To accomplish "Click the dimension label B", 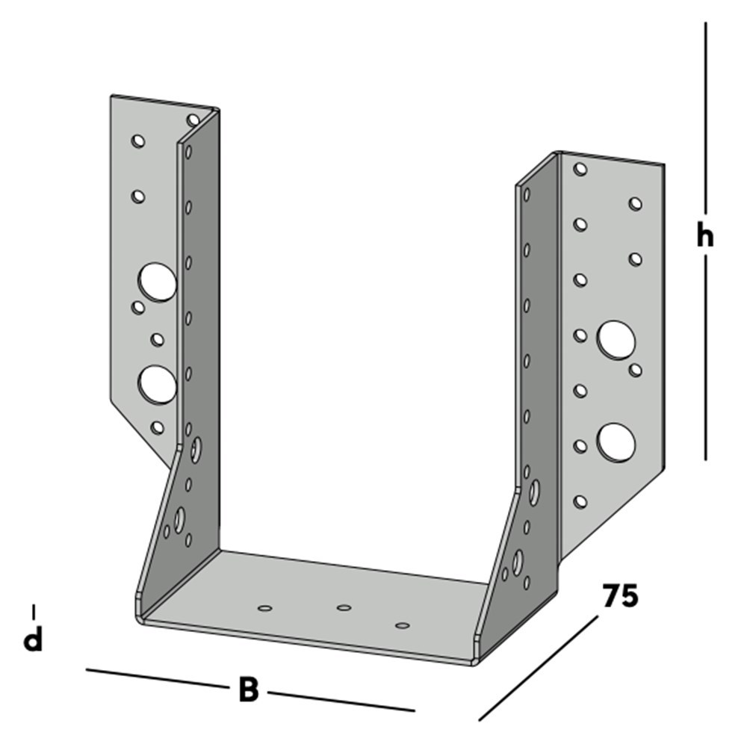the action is (248, 689).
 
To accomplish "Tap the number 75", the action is (620, 595).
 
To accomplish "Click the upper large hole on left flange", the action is (157, 282).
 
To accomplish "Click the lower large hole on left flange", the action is (157, 385).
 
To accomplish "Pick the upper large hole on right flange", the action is (616, 340).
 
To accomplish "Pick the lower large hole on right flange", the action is (616, 442).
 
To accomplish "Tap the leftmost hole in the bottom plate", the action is (265, 608).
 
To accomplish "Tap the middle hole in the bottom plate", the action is (344, 607).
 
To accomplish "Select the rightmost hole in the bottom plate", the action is (403, 625).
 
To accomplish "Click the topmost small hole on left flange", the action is (138, 141).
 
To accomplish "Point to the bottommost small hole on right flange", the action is (580, 502).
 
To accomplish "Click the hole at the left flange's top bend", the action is (193, 120).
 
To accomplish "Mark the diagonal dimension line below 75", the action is (539, 669).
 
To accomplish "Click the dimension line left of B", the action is (157, 678).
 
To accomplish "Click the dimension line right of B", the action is (341, 701).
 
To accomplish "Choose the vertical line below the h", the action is (706, 358).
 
